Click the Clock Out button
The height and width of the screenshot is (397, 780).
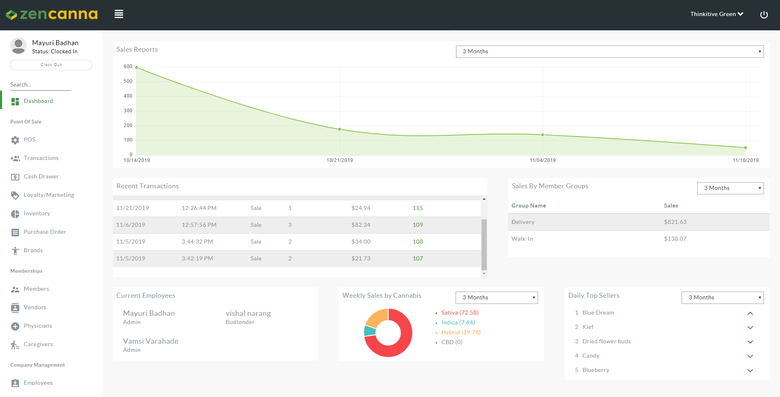click(x=51, y=65)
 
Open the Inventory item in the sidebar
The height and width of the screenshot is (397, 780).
click(x=36, y=214)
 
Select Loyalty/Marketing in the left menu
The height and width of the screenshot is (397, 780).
click(x=49, y=195)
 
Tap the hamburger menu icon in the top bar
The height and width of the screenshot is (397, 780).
click(x=119, y=14)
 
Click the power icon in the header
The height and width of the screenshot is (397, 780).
click(x=764, y=15)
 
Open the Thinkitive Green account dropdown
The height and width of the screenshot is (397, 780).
click(x=716, y=14)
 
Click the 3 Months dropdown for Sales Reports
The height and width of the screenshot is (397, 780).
click(x=609, y=52)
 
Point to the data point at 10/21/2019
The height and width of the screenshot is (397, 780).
click(x=340, y=129)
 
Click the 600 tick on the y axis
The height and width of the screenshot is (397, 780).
click(x=128, y=66)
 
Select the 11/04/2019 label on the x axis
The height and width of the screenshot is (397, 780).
click(x=543, y=160)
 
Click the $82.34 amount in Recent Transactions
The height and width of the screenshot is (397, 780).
click(x=361, y=225)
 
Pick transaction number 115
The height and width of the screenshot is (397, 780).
click(x=417, y=208)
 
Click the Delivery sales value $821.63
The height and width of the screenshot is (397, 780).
click(x=675, y=222)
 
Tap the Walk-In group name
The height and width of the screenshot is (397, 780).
click(x=522, y=239)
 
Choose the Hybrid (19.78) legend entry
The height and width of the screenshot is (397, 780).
click(x=461, y=333)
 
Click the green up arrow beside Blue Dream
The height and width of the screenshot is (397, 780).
click(x=750, y=313)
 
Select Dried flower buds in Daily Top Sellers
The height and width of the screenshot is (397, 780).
click(x=606, y=342)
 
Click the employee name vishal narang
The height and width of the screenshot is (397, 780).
click(x=248, y=313)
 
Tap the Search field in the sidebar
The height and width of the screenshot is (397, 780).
click(x=40, y=85)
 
